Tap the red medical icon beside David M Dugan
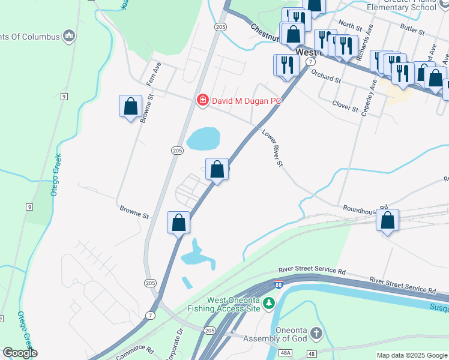[203, 100]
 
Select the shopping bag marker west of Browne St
[130, 107]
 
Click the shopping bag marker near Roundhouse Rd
[388, 221]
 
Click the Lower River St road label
[271, 148]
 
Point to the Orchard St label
[326, 78]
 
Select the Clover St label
[345, 107]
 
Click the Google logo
[20, 353]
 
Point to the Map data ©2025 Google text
[411, 355]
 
